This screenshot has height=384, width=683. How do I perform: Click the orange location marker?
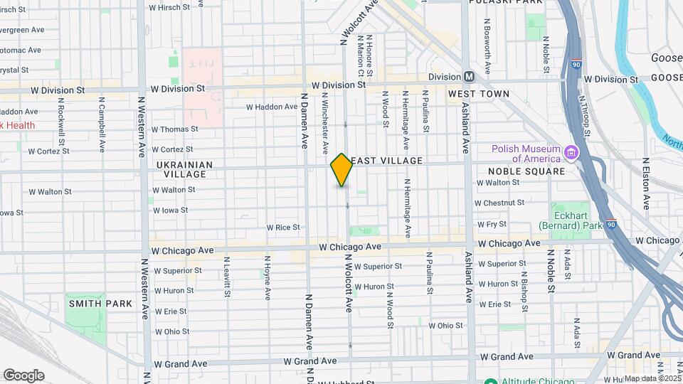341,170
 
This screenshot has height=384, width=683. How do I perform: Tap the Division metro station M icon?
469,77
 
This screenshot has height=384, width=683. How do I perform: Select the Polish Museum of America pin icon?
570,152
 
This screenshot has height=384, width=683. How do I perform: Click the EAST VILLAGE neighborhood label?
387,161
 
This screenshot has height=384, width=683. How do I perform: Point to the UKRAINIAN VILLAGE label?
184,169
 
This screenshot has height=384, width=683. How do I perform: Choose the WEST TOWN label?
478,94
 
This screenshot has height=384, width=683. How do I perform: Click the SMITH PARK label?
100,304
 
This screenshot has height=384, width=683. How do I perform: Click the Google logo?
23,375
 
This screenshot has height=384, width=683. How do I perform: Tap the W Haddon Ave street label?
272,107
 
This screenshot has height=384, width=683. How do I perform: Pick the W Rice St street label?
283,228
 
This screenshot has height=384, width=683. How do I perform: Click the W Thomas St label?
174,129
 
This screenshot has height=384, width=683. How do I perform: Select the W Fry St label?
492,223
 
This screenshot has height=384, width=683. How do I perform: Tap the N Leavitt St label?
226,277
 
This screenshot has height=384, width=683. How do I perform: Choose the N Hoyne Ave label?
266,278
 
